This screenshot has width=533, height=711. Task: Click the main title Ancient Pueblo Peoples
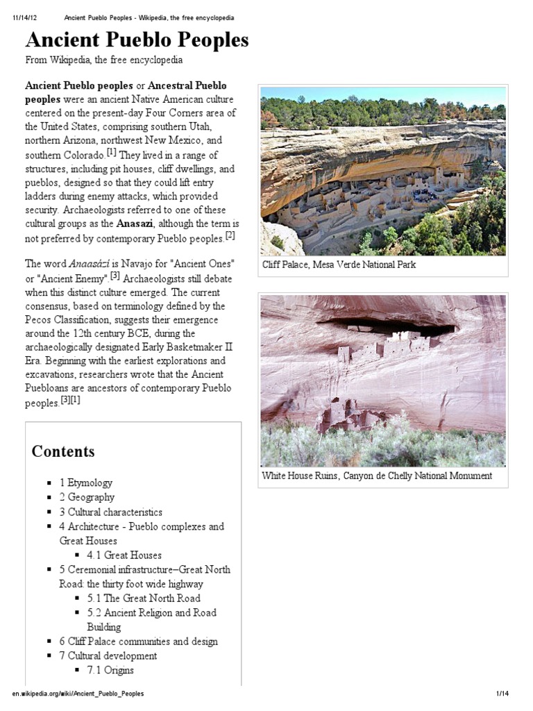click(137, 40)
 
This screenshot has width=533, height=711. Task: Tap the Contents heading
click(63, 451)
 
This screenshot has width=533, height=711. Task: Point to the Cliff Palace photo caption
click(339, 265)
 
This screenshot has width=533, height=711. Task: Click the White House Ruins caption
click(377, 476)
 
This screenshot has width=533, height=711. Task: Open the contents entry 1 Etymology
click(85, 483)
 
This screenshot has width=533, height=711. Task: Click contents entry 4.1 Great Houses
click(124, 555)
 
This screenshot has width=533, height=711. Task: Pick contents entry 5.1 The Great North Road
click(143, 598)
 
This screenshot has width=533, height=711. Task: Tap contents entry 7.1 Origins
click(110, 670)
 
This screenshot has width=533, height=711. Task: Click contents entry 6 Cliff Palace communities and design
click(138, 642)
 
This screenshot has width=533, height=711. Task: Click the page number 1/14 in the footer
click(503, 694)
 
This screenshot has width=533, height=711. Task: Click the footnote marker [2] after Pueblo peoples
click(230, 236)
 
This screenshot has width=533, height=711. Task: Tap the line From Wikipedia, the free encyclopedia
click(104, 60)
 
